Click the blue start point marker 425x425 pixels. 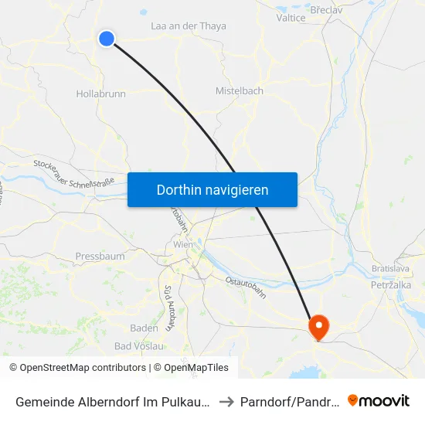pos(107,38)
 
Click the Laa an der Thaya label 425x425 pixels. pos(189,26)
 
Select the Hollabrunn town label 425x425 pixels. pos(101,93)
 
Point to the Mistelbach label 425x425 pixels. pos(239,90)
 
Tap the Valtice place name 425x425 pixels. pos(291,17)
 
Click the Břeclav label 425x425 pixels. pos(326,11)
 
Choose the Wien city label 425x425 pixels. pos(183,244)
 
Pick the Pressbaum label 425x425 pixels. pos(100,256)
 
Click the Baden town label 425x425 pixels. pos(144,328)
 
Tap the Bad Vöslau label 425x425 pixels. pos(139,345)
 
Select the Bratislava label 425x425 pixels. pos(389,269)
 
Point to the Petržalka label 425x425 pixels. pos(390,284)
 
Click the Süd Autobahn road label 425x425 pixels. pos(169,308)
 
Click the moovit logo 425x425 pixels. pos(379,401)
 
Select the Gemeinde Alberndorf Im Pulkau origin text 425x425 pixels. pos(109,402)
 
